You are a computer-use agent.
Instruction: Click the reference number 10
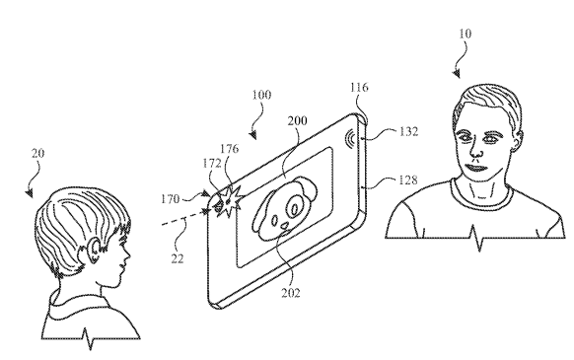(x=465, y=34)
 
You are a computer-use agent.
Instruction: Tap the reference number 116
(x=359, y=89)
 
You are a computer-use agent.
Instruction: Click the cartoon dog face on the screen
(x=283, y=208)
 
